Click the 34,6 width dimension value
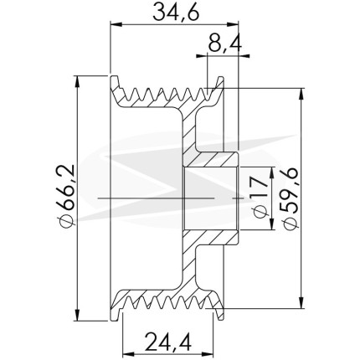(x=177, y=13)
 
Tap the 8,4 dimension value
(x=225, y=44)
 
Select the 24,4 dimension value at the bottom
(x=168, y=342)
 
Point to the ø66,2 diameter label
(x=66, y=197)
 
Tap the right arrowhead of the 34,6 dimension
(x=233, y=24)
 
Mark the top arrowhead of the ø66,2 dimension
(x=78, y=82)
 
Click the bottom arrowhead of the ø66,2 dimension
(x=78, y=315)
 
